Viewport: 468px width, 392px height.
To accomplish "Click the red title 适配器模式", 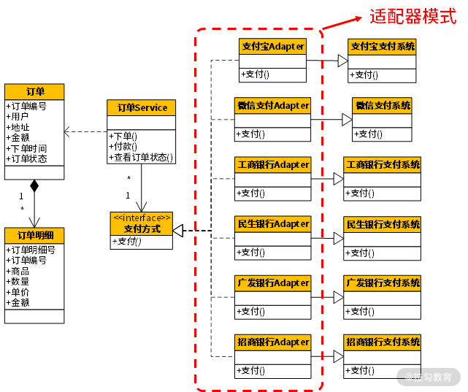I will [x=413, y=16].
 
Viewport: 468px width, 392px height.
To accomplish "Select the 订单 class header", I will [x=34, y=91].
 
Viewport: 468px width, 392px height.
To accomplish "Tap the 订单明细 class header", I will [x=34, y=235].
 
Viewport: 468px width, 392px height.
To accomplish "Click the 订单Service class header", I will [x=142, y=108].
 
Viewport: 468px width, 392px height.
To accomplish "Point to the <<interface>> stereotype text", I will [x=141, y=218].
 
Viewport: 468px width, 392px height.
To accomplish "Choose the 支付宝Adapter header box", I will [x=273, y=47].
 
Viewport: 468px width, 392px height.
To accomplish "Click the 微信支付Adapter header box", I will [x=272, y=106].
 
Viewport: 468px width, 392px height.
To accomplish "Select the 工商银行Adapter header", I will [x=272, y=165].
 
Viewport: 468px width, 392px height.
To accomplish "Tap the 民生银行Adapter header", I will [x=272, y=224].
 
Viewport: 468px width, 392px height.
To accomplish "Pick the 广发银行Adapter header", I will [x=272, y=283].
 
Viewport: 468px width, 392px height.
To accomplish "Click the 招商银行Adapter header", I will [x=272, y=342].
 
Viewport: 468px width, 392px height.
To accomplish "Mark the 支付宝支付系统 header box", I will [x=382, y=47].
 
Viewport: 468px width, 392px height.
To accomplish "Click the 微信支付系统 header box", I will [x=382, y=106].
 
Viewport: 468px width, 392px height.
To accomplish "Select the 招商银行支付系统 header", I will [x=382, y=342].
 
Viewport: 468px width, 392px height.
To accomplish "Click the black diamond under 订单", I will [x=34, y=185].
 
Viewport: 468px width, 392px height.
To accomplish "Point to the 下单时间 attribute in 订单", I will [x=28, y=148].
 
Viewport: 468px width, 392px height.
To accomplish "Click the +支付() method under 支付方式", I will [x=128, y=242].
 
